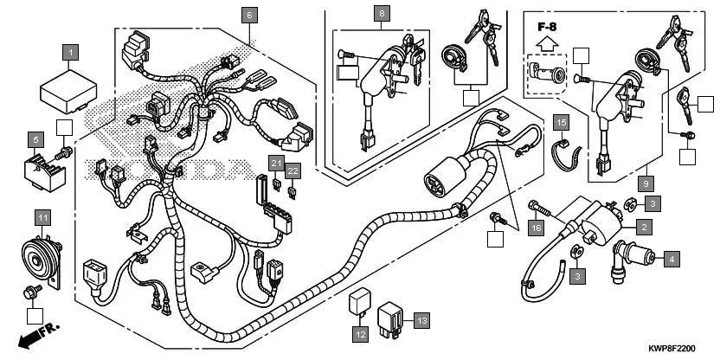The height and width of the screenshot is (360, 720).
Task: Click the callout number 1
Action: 71,52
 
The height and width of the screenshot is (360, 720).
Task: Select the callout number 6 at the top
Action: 249,15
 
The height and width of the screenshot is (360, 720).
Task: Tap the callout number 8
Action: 382,13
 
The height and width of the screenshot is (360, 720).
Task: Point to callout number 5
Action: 36,138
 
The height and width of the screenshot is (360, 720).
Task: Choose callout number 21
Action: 276,164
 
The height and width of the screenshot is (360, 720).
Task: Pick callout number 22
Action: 293,170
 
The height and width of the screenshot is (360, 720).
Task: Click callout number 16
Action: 537,228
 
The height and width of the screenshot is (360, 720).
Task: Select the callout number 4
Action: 671,258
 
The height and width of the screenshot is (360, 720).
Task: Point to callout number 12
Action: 359,332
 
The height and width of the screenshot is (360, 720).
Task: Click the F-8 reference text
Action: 547,27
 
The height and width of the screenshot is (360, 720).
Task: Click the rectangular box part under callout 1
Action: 66,90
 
